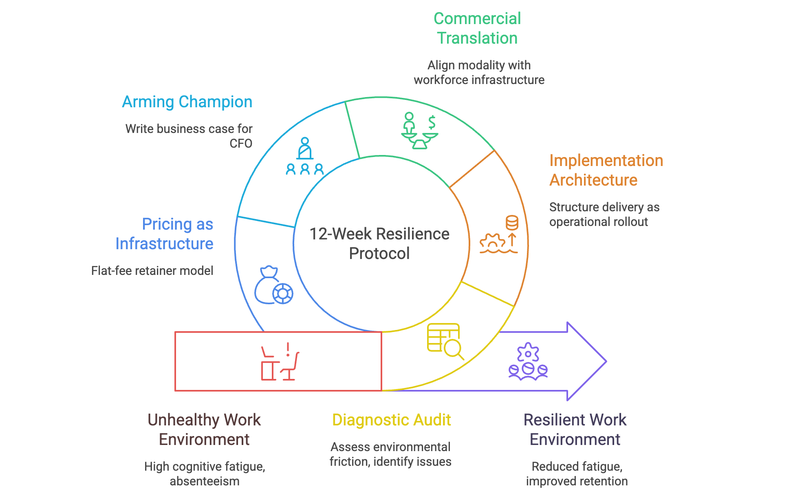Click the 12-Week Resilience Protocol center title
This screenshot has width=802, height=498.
click(379, 243)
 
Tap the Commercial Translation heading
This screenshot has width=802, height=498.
click(477, 28)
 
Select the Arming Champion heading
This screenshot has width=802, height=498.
click(187, 102)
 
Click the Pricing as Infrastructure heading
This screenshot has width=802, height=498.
click(165, 234)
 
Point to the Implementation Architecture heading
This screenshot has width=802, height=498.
click(606, 170)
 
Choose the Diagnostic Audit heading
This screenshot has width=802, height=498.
click(391, 420)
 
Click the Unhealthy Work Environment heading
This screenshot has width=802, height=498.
click(204, 429)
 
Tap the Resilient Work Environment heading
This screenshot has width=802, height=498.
click(575, 429)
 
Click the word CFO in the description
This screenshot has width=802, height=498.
click(241, 144)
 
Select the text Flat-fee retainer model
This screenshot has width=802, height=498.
click(152, 271)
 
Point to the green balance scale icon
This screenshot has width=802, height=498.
click(419, 131)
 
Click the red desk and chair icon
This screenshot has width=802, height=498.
click(280, 363)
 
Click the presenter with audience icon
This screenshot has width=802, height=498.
click(305, 157)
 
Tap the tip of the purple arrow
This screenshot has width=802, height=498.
click(606, 361)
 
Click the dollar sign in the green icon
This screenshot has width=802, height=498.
click(432, 122)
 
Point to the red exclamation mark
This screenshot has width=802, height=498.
click(288, 350)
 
